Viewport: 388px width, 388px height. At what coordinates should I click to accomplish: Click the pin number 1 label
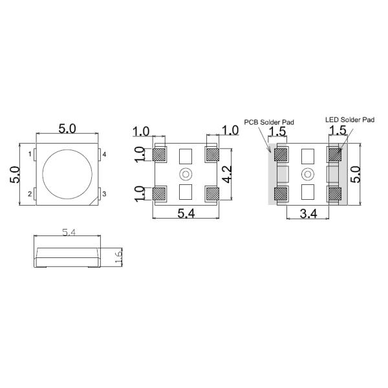point(30,155)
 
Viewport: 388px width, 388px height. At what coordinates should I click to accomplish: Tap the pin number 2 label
point(30,194)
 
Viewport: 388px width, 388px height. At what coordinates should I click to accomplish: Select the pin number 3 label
point(104,194)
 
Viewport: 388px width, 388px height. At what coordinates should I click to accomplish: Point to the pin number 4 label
point(104,155)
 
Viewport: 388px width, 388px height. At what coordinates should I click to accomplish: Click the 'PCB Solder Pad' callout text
point(269,122)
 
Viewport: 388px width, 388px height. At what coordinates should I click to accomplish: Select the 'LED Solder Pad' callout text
point(350,120)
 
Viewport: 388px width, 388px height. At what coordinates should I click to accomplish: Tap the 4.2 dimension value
point(227,174)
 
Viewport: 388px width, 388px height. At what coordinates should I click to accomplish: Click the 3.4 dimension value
point(308,213)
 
